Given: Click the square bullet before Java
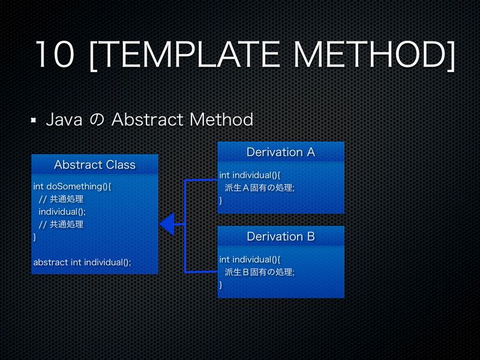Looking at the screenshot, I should tap(34, 121).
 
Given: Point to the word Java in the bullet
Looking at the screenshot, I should tap(64, 119).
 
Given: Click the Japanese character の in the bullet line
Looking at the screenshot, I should tap(97, 120).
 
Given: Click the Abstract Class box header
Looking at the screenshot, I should tap(95, 164).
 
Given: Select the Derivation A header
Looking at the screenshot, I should tap(280, 152).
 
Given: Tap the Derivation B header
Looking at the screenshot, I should tap(280, 236).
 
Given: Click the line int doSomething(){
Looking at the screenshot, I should tap(72, 187).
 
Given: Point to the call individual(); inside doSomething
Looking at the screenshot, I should tap(62, 212).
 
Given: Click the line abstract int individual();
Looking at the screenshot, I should tap(82, 262).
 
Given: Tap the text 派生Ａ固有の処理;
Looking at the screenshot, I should tap(259, 188).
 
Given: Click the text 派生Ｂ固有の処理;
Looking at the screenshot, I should tap(259, 272).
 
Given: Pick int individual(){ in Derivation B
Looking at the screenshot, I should tap(250, 259).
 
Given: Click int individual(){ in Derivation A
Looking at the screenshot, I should tap(250, 175).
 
